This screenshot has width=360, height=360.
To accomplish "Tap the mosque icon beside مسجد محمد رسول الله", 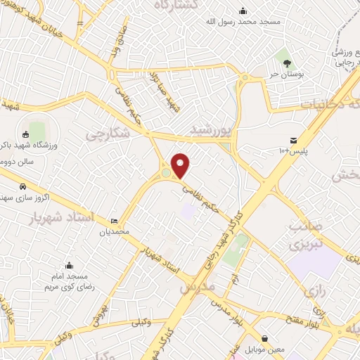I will [x=243, y=11].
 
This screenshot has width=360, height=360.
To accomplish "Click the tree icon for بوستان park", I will [x=284, y=55].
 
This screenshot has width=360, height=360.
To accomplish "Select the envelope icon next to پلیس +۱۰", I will [x=293, y=141].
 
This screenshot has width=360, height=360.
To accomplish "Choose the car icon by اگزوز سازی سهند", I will [x=23, y=187].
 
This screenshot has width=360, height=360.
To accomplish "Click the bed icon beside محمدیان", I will [x=115, y=221].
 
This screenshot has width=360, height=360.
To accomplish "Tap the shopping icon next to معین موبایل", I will [x=264, y=338].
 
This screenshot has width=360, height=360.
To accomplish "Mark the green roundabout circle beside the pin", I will [x=166, y=173].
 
